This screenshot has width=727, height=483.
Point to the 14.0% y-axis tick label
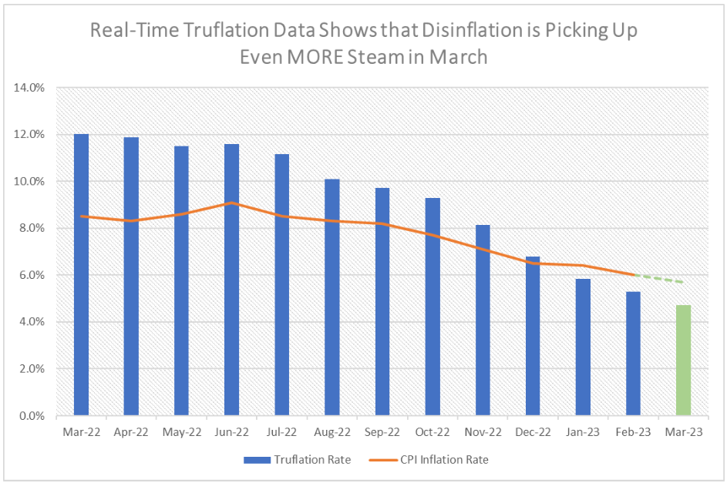pyautogui.click(x=30, y=88)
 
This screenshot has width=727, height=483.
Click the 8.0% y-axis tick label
pyautogui.click(x=33, y=228)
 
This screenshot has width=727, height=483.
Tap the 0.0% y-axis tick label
pyautogui.click(x=33, y=416)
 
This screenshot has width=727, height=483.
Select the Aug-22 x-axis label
pyautogui.click(x=332, y=432)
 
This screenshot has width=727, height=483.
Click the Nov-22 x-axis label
pyautogui.click(x=482, y=432)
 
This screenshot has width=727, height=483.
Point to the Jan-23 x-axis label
pyautogui.click(x=582, y=432)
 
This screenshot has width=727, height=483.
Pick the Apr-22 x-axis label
pyautogui.click(x=131, y=432)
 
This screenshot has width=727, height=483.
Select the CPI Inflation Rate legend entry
pyautogui.click(x=446, y=460)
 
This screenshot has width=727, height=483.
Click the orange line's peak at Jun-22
pyautogui.click(x=231, y=203)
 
